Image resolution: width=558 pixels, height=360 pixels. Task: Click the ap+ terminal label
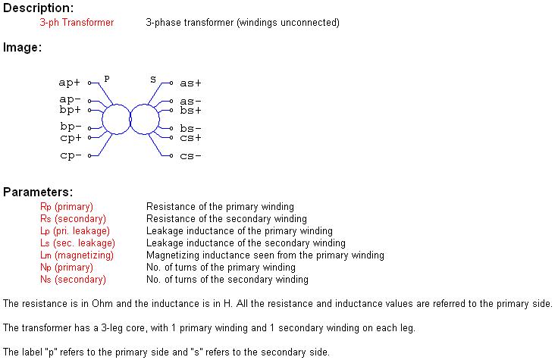click(69, 83)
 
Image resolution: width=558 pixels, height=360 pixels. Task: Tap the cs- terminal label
click(190, 156)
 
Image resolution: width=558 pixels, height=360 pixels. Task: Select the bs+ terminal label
click(190, 111)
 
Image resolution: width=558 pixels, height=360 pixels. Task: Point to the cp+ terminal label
click(71, 138)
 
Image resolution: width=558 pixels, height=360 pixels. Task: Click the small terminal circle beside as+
click(171, 83)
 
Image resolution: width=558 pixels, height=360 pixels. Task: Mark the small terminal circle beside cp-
click(89, 155)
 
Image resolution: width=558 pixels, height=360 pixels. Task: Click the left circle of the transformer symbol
click(116, 119)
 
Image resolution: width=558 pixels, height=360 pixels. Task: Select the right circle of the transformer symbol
click(145, 119)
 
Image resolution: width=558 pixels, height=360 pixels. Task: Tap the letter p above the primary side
click(107, 79)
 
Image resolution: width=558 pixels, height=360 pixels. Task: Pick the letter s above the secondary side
click(153, 80)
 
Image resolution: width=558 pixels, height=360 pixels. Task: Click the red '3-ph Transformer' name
click(77, 23)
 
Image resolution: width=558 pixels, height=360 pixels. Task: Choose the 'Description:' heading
click(38, 8)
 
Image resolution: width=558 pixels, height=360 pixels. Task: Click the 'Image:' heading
click(22, 47)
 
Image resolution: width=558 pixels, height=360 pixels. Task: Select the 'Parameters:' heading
click(38, 192)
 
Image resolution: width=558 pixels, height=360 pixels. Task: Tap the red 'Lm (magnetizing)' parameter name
click(77, 255)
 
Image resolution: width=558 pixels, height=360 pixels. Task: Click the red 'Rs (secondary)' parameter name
click(73, 219)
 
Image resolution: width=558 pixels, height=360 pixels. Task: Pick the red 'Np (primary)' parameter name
click(67, 268)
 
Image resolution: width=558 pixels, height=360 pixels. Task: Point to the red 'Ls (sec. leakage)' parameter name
click(77, 243)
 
